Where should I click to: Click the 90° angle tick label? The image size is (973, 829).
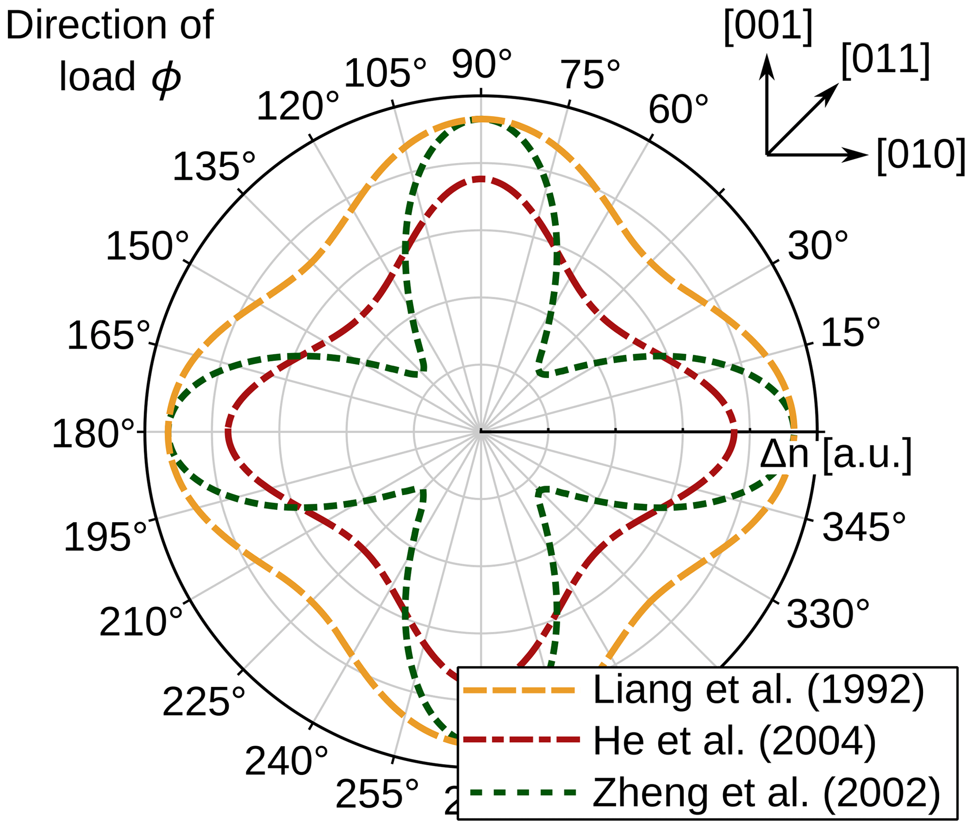tap(481, 64)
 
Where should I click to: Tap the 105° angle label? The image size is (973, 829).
tap(385, 73)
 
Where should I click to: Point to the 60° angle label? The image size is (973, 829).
tap(678, 110)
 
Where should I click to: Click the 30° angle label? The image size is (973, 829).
tap(818, 246)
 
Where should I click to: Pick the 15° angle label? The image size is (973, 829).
tap(850, 333)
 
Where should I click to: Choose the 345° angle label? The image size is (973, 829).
tap(864, 527)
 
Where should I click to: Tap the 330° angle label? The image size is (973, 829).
tap(828, 614)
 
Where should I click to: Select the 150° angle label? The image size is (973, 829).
tap(147, 247)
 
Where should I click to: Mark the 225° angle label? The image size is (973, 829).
tap(204, 703)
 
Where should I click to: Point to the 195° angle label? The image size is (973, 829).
tap(105, 538)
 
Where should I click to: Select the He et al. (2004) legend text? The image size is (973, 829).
tap(734, 742)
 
